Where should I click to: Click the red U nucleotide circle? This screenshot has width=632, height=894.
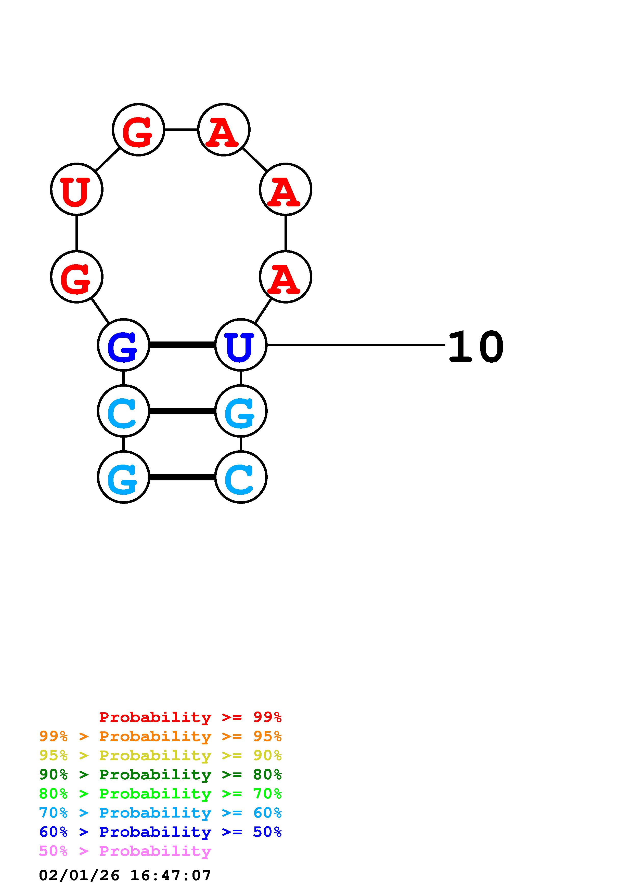click(77, 189)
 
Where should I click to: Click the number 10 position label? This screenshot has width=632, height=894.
click(476, 347)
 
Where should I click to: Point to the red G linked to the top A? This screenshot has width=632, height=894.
click(138, 130)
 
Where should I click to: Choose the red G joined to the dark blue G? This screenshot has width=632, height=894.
click(77, 277)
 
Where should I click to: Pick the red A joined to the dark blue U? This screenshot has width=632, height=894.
click(286, 277)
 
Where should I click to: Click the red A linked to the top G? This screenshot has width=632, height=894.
click(224, 130)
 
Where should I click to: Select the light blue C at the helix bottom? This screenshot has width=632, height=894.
click(241, 477)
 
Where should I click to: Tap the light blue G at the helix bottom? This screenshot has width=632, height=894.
click(123, 477)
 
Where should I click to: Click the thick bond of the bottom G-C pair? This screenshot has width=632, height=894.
click(182, 477)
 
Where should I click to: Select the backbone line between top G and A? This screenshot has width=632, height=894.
click(181, 130)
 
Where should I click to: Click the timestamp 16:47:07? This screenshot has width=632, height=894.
click(171, 876)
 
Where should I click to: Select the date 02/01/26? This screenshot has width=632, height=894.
click(79, 876)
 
